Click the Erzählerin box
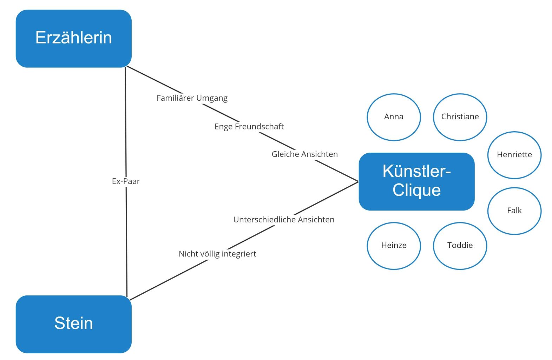point(73,39)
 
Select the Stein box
point(73,324)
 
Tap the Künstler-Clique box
point(416,181)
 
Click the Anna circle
point(394,117)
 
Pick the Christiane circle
point(460,117)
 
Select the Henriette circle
point(514,155)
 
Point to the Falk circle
point(514,211)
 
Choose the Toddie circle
point(460,246)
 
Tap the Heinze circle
point(394,246)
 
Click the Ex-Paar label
point(126,181)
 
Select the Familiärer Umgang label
point(192,98)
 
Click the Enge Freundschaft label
point(249,126)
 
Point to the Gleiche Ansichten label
point(304,154)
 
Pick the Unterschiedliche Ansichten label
point(284,220)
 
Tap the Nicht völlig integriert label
point(217,254)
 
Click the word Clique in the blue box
point(416,191)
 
